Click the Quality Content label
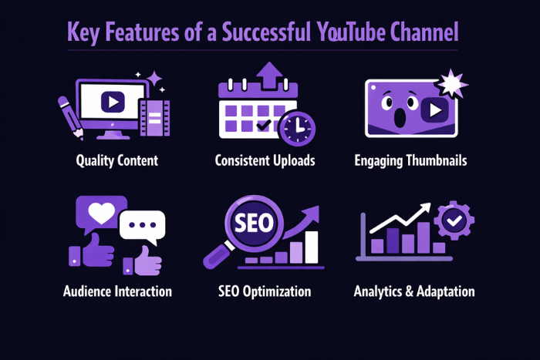point(117,161)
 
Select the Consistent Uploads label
point(265,161)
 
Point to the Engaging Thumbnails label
point(410,161)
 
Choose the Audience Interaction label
point(118,291)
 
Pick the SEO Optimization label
point(265,291)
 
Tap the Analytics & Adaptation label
point(414,291)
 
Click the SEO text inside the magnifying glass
point(252,224)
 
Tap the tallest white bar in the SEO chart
point(312,247)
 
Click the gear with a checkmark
point(453,222)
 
